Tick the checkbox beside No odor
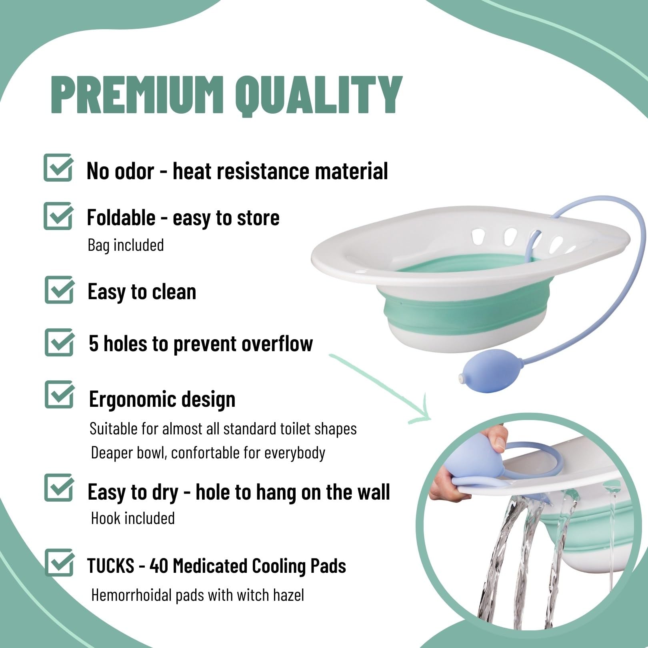tap(58, 168)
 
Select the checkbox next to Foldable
tap(58, 216)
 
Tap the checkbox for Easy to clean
tap(59, 290)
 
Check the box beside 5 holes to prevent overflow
tap(60, 342)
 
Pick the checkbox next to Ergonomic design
tap(60, 395)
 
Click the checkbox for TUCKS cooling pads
tap(60, 562)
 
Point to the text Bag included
tap(126, 245)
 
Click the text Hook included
tap(133, 518)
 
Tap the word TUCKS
tap(111, 566)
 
